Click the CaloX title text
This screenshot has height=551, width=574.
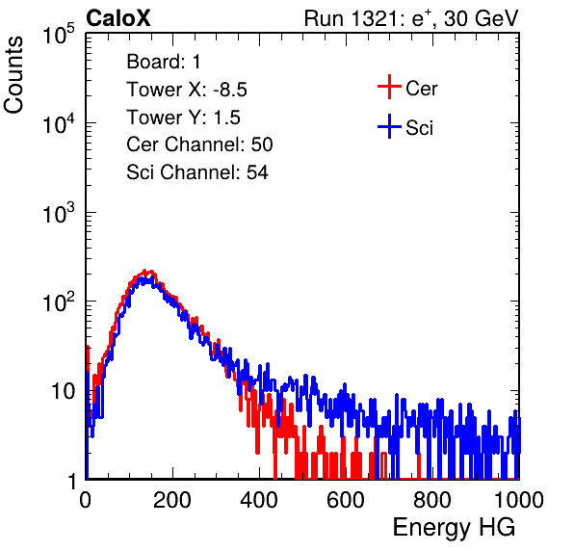[118, 18]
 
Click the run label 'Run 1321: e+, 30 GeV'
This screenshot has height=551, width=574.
[411, 18]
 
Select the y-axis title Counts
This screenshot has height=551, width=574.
[13, 75]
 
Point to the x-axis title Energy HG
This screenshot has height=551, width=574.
[454, 528]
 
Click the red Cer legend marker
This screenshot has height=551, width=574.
[389, 87]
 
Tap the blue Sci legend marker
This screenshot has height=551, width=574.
[389, 127]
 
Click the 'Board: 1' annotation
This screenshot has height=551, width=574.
[164, 62]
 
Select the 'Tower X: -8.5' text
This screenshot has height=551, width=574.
[187, 90]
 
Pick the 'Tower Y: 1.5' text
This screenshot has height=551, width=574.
[183, 118]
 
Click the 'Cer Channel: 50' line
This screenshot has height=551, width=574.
[199, 144]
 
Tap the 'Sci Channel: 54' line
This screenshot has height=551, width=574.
[197, 172]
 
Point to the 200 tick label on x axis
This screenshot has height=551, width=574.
[172, 500]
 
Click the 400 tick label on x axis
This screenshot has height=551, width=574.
[259, 500]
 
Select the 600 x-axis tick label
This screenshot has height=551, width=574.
[346, 500]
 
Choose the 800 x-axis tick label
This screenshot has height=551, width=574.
[432, 500]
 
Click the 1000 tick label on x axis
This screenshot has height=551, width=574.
[519, 500]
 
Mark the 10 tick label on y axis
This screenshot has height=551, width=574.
[63, 391]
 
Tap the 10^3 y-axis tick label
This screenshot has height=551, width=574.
[59, 212]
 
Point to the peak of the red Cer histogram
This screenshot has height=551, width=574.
[145, 272]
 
